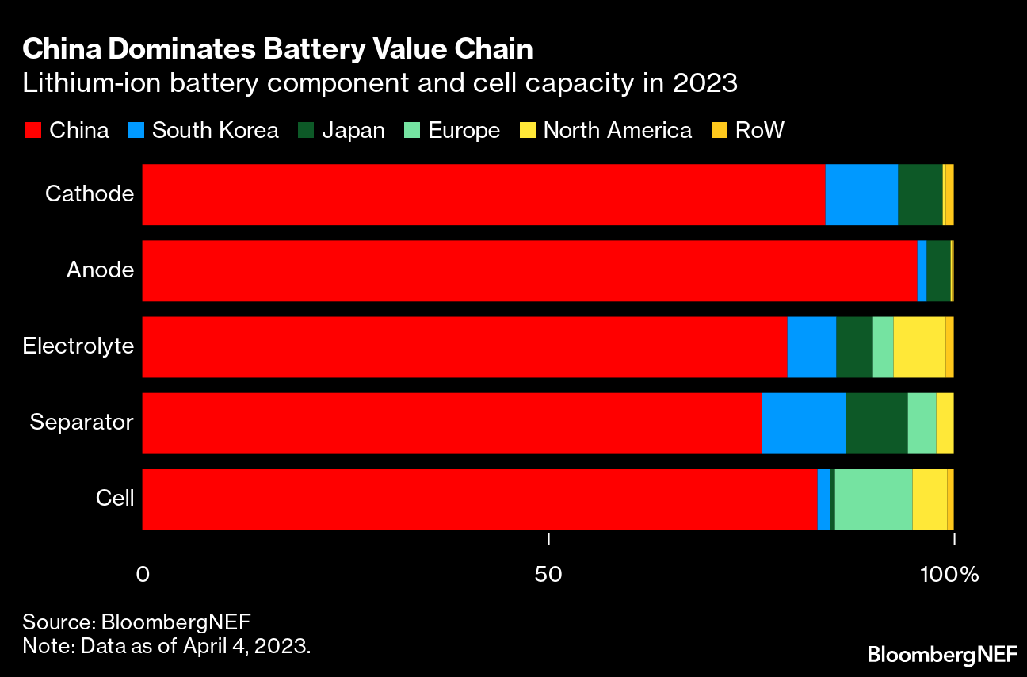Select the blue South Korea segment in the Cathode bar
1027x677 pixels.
click(x=861, y=194)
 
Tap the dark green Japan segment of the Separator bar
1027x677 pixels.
click(x=876, y=423)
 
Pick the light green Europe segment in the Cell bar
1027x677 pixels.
click(x=873, y=499)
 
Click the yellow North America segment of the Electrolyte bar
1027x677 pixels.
click(x=919, y=347)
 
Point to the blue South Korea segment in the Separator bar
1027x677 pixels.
click(x=804, y=423)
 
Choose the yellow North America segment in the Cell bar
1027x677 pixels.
click(x=930, y=499)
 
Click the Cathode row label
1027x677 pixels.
click(x=90, y=193)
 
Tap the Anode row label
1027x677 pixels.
click(x=100, y=270)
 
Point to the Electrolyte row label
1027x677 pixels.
click(x=78, y=346)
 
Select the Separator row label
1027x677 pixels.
click(x=82, y=422)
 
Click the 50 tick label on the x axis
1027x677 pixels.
click(x=548, y=574)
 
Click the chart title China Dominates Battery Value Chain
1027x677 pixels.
click(x=277, y=50)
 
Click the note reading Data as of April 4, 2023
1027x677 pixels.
click(x=166, y=644)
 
